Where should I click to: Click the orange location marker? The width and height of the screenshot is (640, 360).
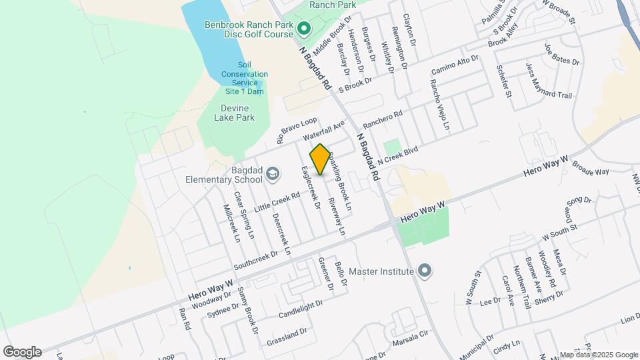tap(320, 159)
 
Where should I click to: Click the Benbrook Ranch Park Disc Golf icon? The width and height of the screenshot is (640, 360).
tap(303, 29)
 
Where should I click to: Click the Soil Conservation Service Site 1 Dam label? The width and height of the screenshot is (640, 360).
tap(245, 74)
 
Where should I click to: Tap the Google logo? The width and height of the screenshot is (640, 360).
tap(22, 351)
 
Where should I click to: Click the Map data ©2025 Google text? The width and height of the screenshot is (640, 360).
tap(598, 355)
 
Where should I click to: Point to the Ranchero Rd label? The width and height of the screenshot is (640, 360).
tap(382, 120)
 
